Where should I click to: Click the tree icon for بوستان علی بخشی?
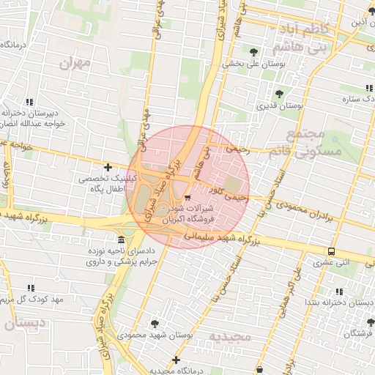[x=253, y=52]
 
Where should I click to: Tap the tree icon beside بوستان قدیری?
[x=279, y=94]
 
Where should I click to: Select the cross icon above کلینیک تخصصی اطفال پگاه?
[x=108, y=168]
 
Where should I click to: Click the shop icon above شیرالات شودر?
[x=188, y=198]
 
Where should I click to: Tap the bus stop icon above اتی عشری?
[x=332, y=251]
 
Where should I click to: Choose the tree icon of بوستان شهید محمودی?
[x=155, y=323]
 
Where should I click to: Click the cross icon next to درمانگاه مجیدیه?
[x=175, y=360]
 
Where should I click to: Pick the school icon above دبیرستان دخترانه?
[x=29, y=103]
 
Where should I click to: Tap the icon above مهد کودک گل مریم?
[x=30, y=289]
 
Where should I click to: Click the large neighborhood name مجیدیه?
[x=230, y=336]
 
